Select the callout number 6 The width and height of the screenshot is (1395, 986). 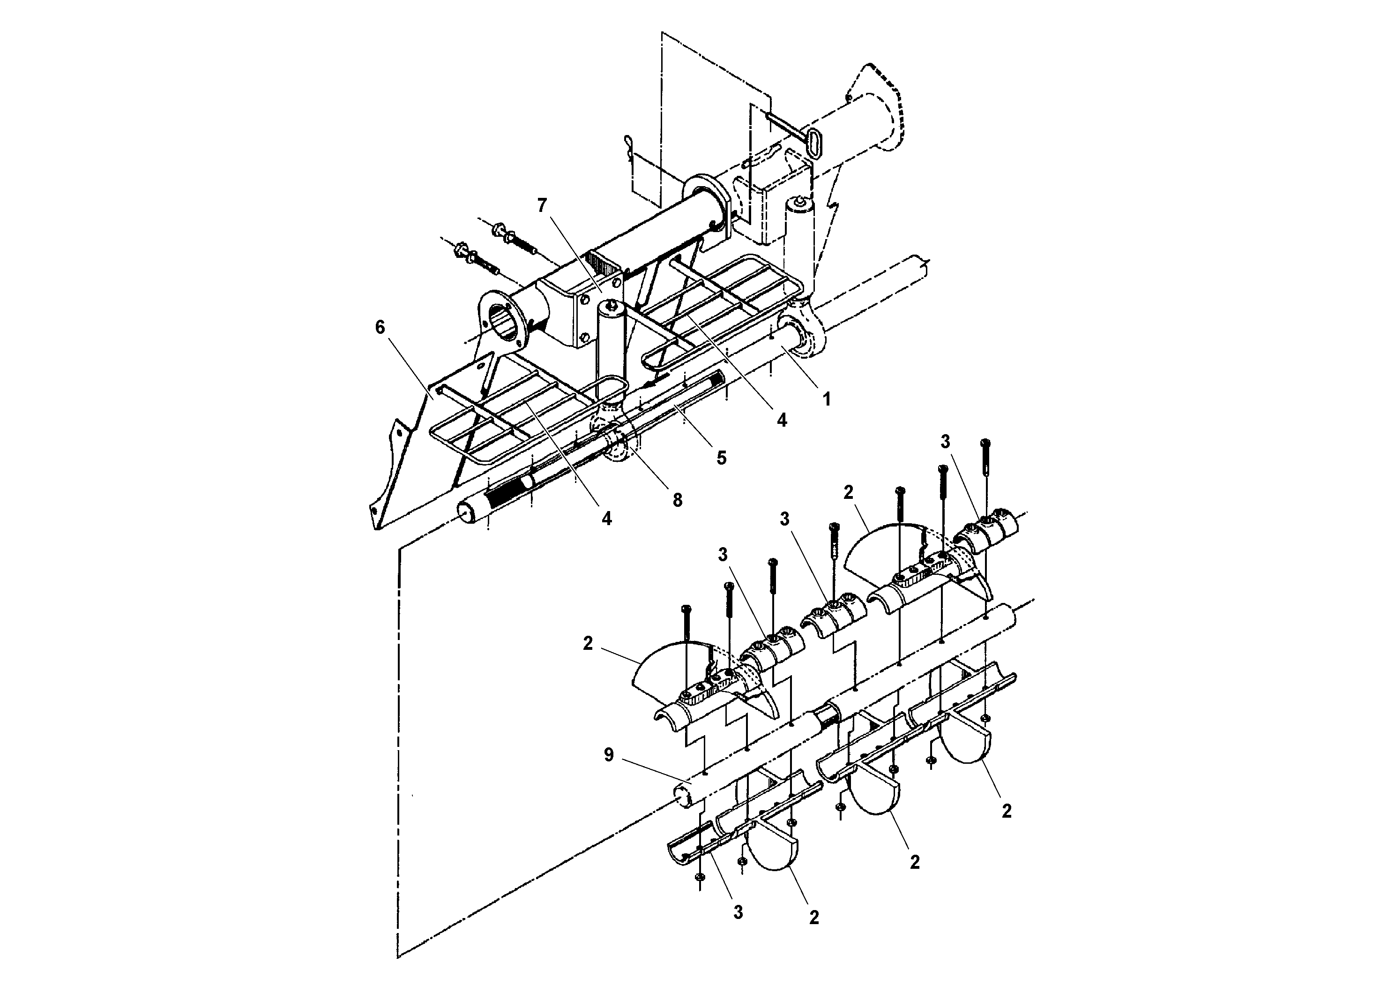[380, 328]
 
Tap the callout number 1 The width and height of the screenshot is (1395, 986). [826, 399]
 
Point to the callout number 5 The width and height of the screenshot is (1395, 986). [721, 458]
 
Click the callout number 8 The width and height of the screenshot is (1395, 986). [677, 500]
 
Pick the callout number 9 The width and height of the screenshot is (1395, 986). [608, 755]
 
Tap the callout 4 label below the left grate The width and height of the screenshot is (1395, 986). [606, 518]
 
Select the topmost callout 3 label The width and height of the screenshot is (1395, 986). [945, 442]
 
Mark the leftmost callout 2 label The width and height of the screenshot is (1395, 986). [587, 644]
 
